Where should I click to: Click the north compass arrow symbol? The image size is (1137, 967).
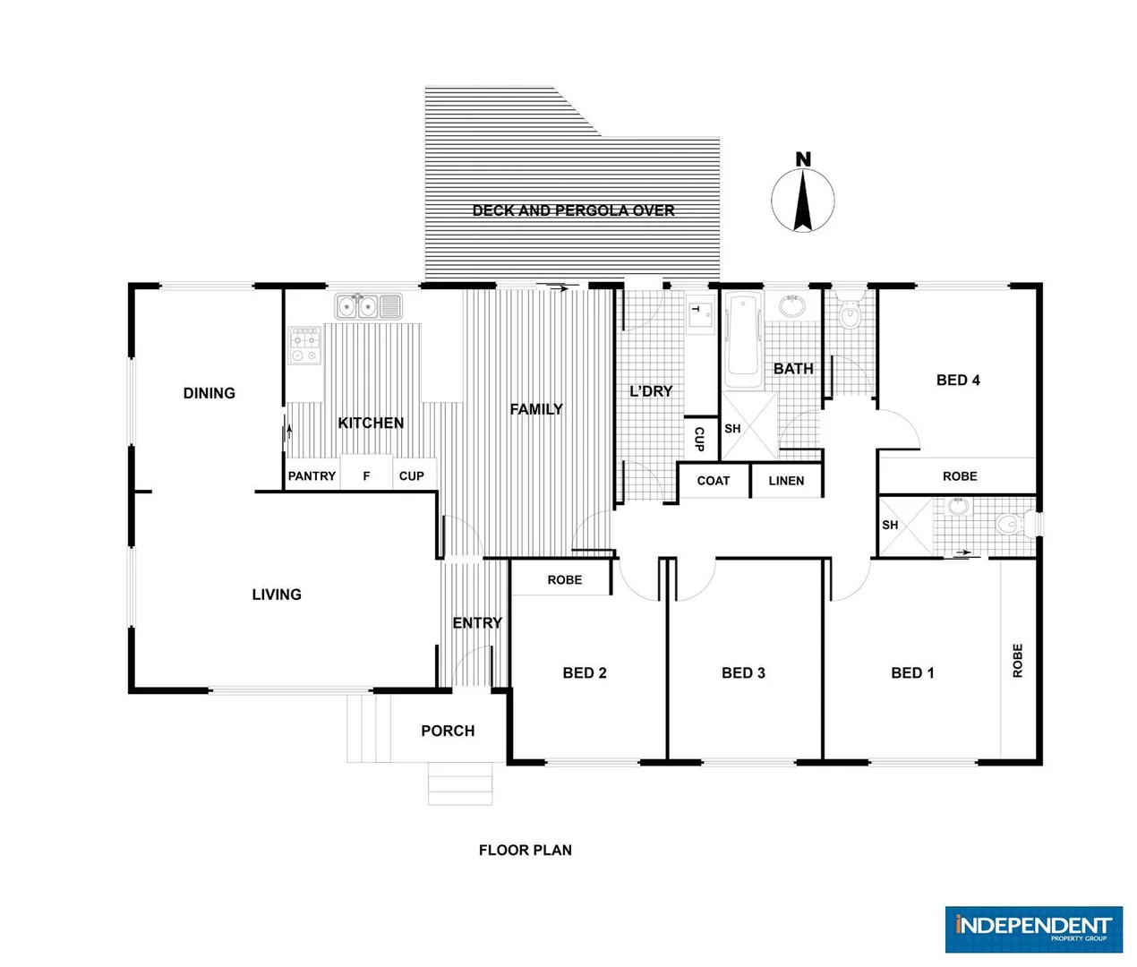(803, 199)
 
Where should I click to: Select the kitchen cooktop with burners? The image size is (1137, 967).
(304, 345)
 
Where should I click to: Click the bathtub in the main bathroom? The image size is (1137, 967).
(742, 341)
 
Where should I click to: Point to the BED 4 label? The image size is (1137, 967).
(958, 381)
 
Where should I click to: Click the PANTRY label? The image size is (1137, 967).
(312, 476)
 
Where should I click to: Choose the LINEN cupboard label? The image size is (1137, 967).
(786, 481)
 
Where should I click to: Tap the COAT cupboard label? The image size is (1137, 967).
(714, 481)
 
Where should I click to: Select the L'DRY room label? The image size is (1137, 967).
(651, 391)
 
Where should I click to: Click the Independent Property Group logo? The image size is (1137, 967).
(1033, 928)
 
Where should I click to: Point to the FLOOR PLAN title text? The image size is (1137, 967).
(525, 851)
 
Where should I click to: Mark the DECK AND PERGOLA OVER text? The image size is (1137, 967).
(573, 210)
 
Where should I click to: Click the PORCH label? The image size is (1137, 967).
(448, 732)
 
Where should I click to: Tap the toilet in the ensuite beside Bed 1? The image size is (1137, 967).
(1008, 525)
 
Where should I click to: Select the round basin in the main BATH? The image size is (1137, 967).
(791, 306)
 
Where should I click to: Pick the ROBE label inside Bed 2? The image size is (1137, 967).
(564, 580)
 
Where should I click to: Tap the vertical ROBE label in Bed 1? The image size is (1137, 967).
(1017, 661)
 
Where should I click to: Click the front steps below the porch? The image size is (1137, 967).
(459, 783)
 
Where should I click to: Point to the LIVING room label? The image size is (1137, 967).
(277, 595)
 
